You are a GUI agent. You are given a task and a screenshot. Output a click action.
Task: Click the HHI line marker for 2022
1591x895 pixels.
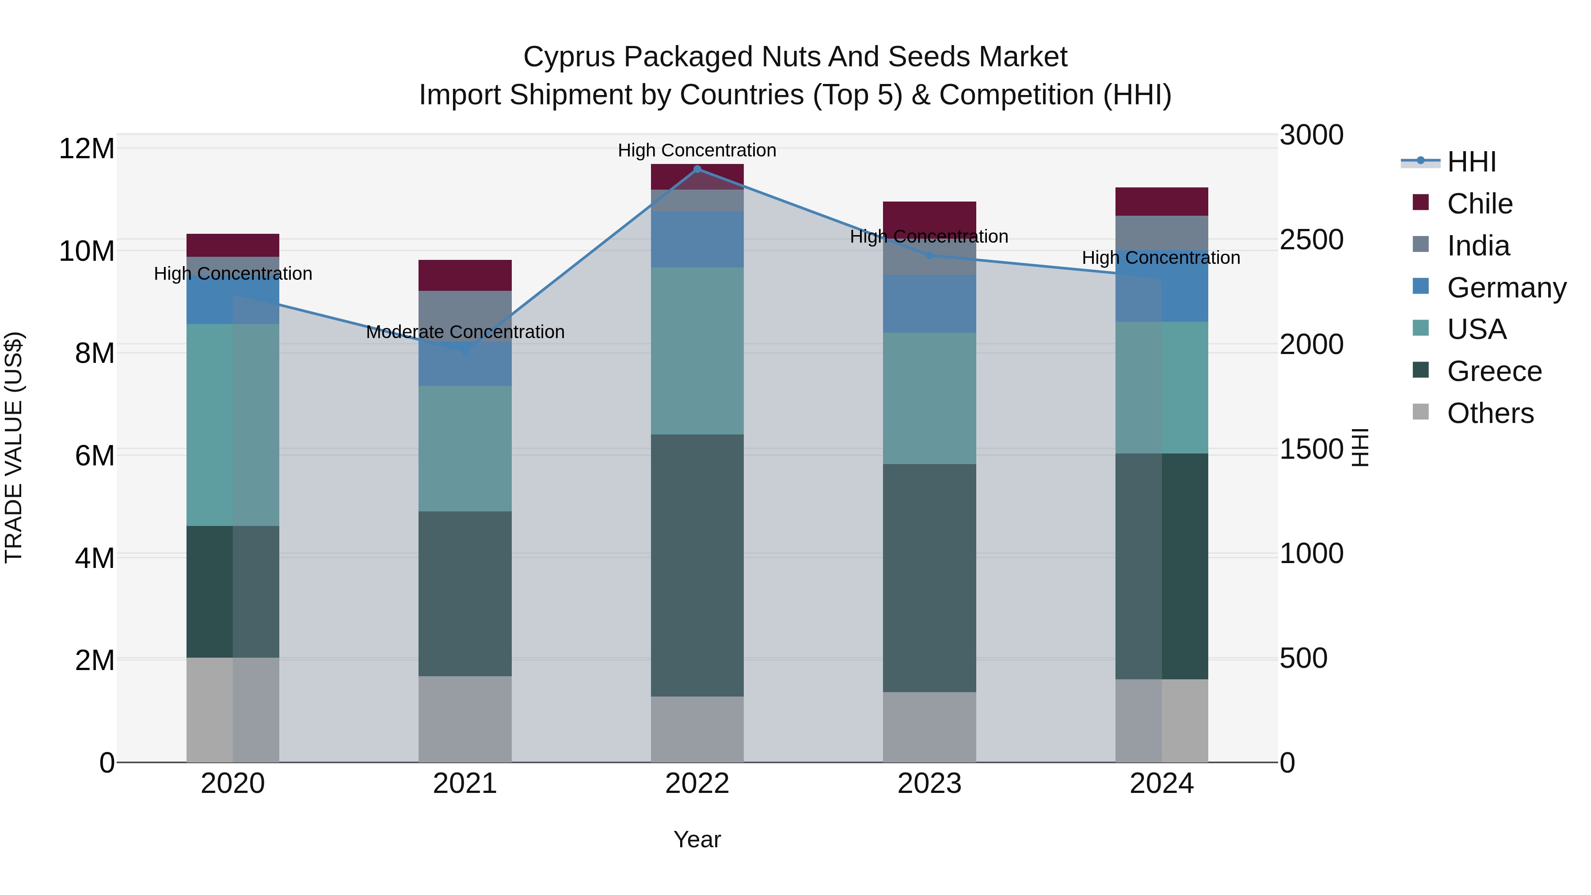(697, 169)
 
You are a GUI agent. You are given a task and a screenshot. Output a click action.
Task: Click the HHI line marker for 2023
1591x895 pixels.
(929, 255)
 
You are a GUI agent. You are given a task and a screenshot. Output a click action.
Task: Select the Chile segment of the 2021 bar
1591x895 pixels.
(465, 275)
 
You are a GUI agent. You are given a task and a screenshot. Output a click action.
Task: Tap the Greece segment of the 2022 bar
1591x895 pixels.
(697, 565)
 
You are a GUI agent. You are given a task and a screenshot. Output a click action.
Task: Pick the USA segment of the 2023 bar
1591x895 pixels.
(929, 398)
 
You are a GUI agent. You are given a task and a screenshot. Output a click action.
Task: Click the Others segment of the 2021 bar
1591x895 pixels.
(465, 719)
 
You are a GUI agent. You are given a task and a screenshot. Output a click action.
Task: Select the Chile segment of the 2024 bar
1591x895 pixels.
(1162, 202)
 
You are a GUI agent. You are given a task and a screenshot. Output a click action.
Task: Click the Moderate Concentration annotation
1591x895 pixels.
(465, 332)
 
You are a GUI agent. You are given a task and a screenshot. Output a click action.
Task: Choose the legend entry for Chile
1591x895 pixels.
(1479, 204)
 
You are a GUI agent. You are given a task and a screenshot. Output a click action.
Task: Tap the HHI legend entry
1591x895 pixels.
(1471, 162)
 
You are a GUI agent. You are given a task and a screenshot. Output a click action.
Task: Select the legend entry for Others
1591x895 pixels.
(1490, 413)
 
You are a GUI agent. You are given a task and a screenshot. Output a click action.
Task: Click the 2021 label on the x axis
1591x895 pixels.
(465, 784)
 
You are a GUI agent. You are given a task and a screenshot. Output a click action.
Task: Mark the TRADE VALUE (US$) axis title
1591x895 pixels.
(14, 447)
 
